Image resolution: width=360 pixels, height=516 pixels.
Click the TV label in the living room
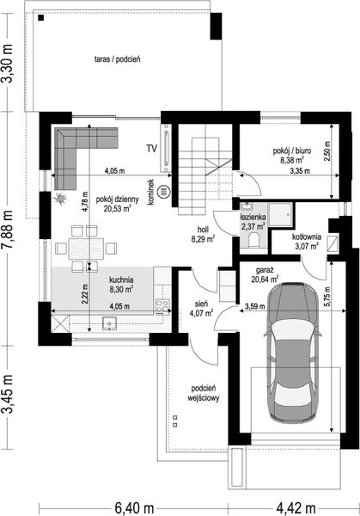151,149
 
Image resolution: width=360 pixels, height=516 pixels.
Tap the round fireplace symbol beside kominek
163,192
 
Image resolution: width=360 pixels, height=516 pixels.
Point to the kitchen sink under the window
109,323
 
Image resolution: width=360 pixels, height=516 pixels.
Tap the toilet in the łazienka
253,240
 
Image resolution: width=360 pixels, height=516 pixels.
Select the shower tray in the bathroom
280,214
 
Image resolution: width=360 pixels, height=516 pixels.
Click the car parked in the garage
293,352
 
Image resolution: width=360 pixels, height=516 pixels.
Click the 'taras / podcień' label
118,59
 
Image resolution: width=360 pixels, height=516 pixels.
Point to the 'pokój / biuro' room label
292,151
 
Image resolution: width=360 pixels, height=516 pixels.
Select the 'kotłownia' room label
307,236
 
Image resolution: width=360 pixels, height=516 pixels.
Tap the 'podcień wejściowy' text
204,393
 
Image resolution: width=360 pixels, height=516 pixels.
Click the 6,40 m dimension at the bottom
135,507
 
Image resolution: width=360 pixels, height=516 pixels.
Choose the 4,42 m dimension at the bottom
296,507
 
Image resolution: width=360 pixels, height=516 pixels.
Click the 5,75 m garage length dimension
327,297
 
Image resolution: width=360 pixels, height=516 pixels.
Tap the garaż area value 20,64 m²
265,279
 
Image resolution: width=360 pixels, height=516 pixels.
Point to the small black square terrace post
41,18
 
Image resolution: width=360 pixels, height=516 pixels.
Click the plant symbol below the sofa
61,199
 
